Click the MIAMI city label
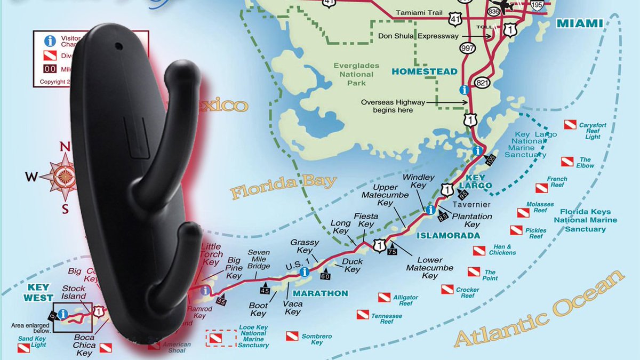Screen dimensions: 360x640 pyautogui.click(x=579, y=23)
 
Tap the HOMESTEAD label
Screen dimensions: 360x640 pyautogui.click(x=425, y=71)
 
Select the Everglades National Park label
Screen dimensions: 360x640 pyautogui.click(x=357, y=74)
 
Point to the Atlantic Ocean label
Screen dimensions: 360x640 pyautogui.click(x=539, y=311)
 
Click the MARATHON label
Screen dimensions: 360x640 pyautogui.click(x=320, y=293)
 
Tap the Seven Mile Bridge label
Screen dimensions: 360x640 pyautogui.click(x=259, y=259)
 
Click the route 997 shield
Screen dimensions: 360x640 pyautogui.click(x=468, y=49)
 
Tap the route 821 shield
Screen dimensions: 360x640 pyautogui.click(x=483, y=82)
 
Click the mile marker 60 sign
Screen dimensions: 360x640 pyautogui.click(x=325, y=275)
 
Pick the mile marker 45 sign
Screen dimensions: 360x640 pyautogui.click(x=265, y=290)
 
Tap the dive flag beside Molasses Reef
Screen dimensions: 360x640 pyautogui.click(x=523, y=213)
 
